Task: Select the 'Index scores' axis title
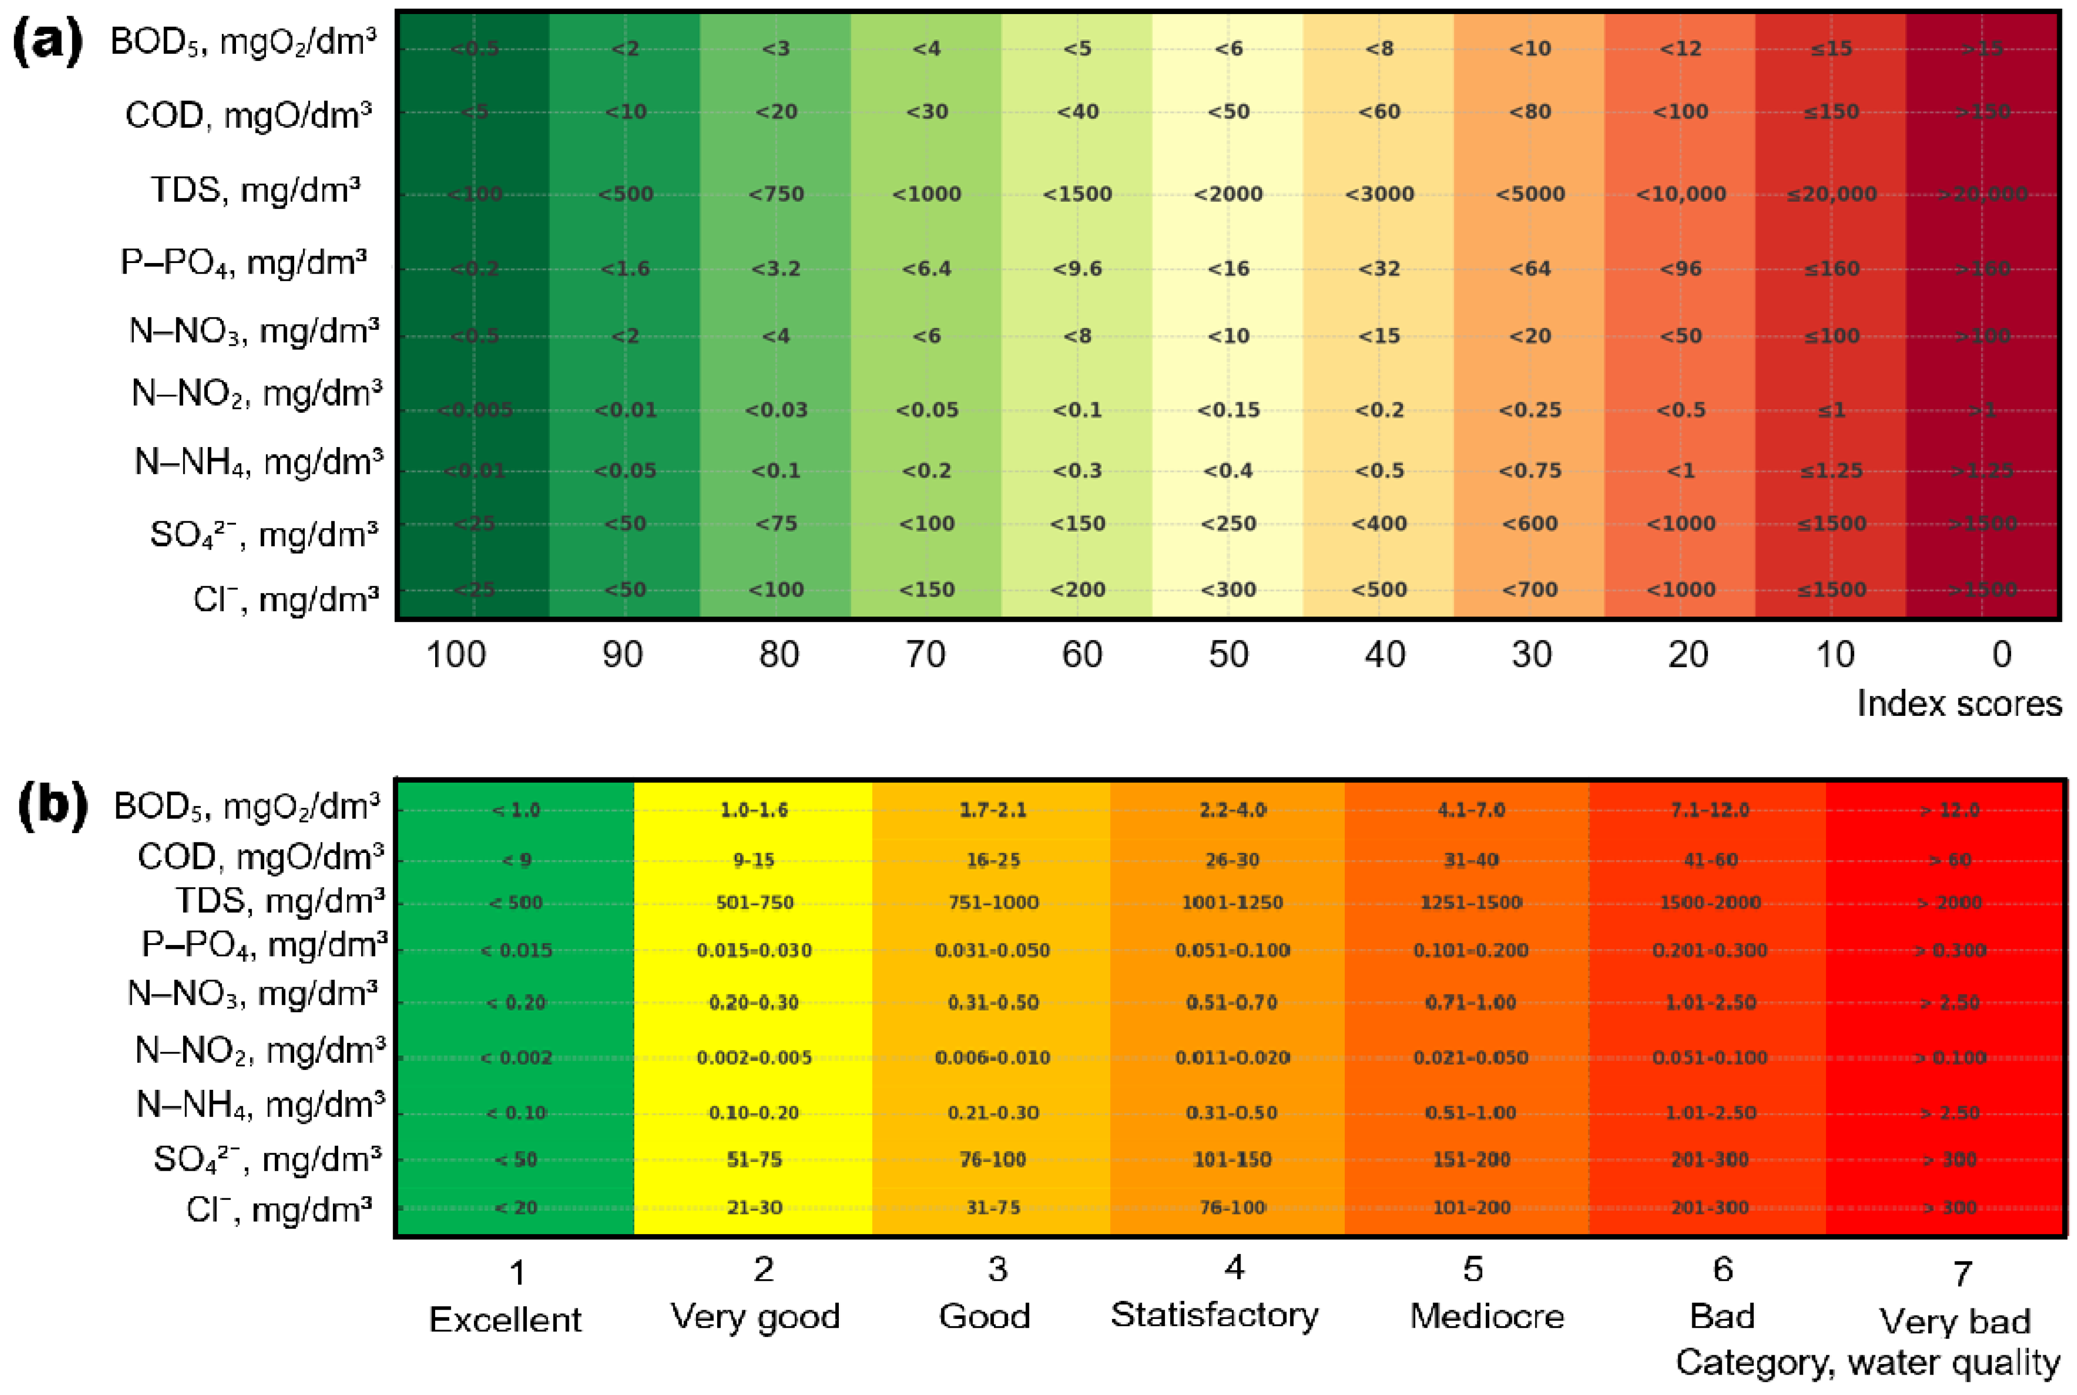click(x=1959, y=704)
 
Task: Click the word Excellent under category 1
click(x=504, y=1319)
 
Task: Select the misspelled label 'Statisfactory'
click(x=1215, y=1315)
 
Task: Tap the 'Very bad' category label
click(x=1954, y=1322)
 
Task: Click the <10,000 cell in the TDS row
click(x=1680, y=194)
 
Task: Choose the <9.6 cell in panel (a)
click(x=1078, y=269)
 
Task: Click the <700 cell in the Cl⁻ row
click(x=1530, y=590)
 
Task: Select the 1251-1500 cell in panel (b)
click(x=1470, y=903)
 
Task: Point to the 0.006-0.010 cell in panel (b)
click(x=992, y=1058)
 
